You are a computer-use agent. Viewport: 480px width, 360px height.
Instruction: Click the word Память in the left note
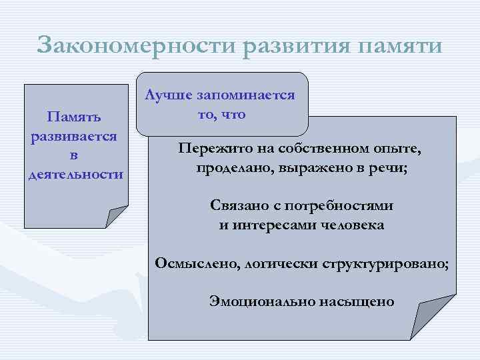(74, 117)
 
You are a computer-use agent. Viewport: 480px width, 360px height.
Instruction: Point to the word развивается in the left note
(74, 136)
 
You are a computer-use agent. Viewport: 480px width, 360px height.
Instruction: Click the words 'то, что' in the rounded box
(222, 114)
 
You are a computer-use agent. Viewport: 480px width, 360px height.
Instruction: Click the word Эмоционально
(256, 301)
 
